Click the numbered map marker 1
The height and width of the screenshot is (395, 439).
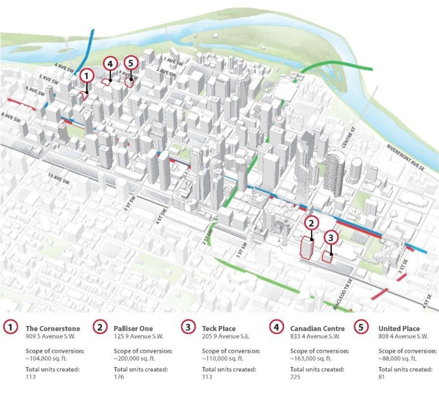pos(87,76)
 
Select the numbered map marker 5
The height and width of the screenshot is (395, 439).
pos(130,64)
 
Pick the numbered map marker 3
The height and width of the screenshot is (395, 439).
pos(331,237)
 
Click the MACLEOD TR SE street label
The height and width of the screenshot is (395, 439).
pos(343,298)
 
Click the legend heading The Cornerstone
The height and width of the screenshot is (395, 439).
pos(53,328)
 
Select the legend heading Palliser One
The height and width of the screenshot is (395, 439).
pos(133,328)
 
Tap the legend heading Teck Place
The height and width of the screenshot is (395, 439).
pos(219,328)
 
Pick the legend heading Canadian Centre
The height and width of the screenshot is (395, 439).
pos(318,328)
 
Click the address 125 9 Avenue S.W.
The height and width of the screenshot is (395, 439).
pos(138,336)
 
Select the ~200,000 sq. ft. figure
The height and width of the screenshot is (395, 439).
pos(134,358)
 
